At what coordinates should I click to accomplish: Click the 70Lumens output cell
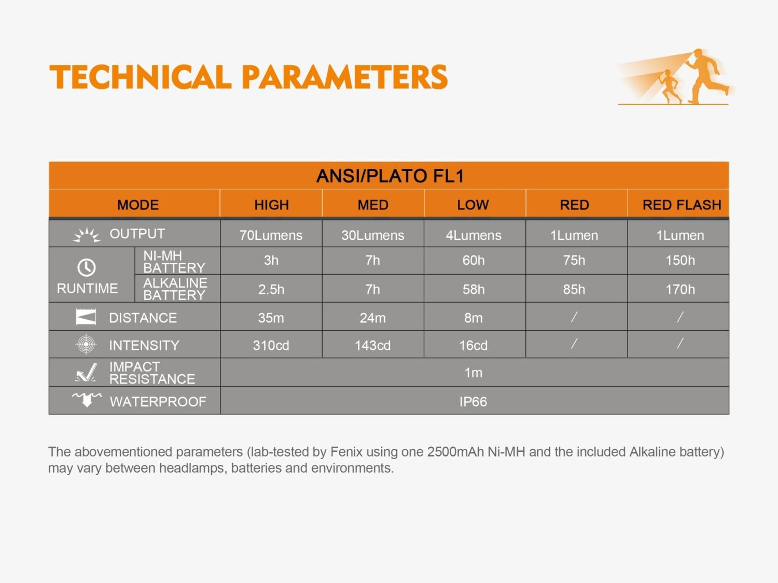pos(271,235)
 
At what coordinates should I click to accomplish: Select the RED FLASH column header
pos(682,205)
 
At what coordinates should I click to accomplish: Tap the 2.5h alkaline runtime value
pos(271,290)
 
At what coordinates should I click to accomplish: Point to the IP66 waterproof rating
pos(473,402)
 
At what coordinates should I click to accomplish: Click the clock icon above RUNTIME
pos(87,267)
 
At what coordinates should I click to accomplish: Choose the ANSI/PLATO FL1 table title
pos(390,176)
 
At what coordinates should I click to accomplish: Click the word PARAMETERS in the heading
pos(345,77)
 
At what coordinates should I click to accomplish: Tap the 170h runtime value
pos(680,290)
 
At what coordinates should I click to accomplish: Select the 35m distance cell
pos(271,318)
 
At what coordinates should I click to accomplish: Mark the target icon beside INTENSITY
pos(86,344)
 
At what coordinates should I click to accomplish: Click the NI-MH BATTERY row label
pos(174,262)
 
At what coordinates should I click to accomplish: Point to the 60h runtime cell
pos(473,261)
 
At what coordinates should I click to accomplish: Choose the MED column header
pos(373,205)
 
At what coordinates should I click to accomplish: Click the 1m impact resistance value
pos(473,373)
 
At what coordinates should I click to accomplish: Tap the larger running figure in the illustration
pos(705,76)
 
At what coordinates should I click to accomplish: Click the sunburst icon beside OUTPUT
pos(87,235)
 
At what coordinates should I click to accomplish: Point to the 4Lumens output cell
pos(473,235)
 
